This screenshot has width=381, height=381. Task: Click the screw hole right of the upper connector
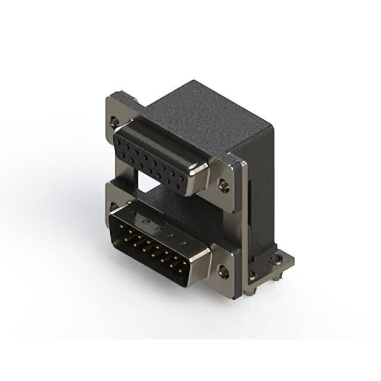click(223, 185)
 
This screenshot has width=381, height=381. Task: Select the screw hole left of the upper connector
click(114, 121)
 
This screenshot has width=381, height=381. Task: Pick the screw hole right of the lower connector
click(223, 273)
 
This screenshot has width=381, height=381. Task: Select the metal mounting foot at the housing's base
click(279, 262)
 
